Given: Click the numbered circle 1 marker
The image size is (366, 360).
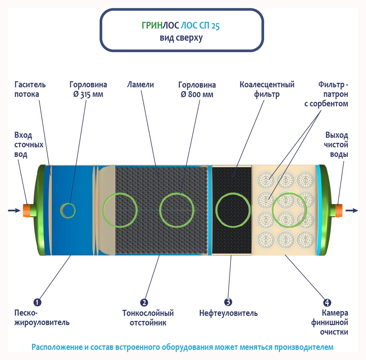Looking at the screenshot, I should tap(37, 302).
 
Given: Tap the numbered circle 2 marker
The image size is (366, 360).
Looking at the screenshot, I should tap(144, 303).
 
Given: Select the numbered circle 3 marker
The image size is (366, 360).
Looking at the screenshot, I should tap(228, 302).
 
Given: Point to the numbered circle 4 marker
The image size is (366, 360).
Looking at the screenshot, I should tap(327, 303).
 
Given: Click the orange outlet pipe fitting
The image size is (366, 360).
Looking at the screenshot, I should tap(339, 210).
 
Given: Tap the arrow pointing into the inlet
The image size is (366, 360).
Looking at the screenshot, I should tap(14, 210).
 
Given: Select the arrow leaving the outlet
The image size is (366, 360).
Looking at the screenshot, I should tap(352, 210).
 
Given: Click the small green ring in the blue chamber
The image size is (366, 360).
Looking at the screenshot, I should tap(68, 210).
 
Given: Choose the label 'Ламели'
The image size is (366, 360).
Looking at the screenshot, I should tap(140, 85).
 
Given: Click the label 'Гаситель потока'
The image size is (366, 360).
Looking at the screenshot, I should tap(30, 90).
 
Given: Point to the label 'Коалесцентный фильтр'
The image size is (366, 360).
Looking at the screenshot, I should tap(267, 90).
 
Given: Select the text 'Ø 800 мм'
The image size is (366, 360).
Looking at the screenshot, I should tap(197, 95).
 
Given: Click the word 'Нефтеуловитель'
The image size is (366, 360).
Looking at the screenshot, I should tap(228, 313).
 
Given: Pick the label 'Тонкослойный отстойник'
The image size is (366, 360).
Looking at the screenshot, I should tap(148, 318).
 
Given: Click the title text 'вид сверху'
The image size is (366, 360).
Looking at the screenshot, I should tap(181, 38).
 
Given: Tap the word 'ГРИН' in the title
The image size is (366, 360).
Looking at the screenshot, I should tap(152, 25).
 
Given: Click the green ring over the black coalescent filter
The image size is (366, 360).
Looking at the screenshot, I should tap(233, 210).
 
